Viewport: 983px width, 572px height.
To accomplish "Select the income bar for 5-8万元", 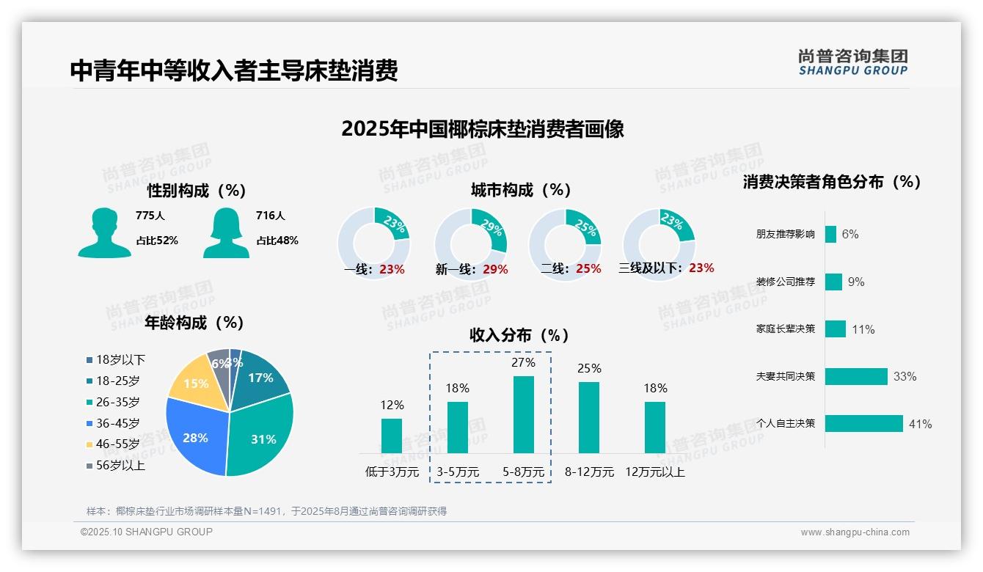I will click(x=523, y=414).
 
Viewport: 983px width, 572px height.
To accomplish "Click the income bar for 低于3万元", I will click(x=392, y=436).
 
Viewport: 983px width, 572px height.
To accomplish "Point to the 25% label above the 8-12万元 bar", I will click(x=589, y=368).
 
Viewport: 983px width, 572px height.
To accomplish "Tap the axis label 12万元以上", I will click(x=654, y=472).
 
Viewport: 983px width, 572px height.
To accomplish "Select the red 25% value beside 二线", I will click(x=588, y=269).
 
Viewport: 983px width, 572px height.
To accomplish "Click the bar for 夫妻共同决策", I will click(x=856, y=376).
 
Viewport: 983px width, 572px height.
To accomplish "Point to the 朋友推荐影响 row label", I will click(x=785, y=235).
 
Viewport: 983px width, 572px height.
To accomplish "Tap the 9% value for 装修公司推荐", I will click(x=855, y=282).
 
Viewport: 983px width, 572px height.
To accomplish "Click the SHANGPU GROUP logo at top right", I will click(x=852, y=62).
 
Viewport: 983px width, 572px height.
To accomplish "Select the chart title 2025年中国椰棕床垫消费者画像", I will click(x=483, y=129).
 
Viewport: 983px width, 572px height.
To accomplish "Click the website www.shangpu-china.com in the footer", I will click(x=855, y=532).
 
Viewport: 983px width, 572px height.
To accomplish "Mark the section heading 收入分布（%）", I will click(x=519, y=335).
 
